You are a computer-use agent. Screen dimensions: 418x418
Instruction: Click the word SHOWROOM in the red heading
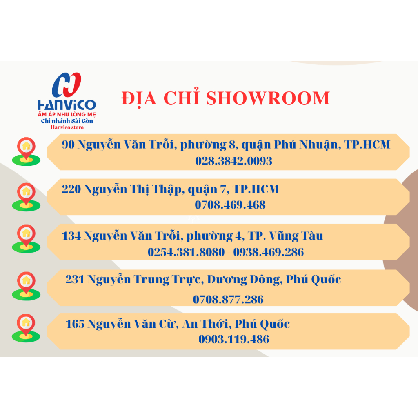[268, 98]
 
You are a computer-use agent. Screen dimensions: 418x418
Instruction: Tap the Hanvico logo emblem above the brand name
[67, 85]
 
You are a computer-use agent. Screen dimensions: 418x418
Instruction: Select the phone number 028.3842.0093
[234, 161]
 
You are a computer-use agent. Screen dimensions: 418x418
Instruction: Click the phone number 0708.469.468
[230, 205]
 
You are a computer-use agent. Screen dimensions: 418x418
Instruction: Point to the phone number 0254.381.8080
[186, 252]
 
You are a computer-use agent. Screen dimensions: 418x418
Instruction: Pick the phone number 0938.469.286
[269, 252]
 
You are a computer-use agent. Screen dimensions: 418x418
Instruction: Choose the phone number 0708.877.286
[228, 299]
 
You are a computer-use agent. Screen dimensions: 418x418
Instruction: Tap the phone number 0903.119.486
[234, 339]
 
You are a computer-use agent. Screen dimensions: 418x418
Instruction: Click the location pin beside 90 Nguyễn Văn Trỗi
[26, 151]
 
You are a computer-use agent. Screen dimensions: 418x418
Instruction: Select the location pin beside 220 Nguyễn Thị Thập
[26, 197]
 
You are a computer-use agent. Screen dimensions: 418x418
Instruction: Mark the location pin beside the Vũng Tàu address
[26, 238]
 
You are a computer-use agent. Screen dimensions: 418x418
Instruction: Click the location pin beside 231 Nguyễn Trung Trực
[26, 286]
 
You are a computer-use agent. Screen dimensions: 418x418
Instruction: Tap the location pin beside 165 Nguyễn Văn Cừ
[26, 328]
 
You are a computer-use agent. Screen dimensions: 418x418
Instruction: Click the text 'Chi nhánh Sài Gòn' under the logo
[67, 121]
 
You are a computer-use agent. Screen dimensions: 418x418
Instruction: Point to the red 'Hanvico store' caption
[67, 127]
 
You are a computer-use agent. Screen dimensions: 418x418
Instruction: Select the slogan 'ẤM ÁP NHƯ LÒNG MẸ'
[67, 114]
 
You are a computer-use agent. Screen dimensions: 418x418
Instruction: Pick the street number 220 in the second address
[71, 189]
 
